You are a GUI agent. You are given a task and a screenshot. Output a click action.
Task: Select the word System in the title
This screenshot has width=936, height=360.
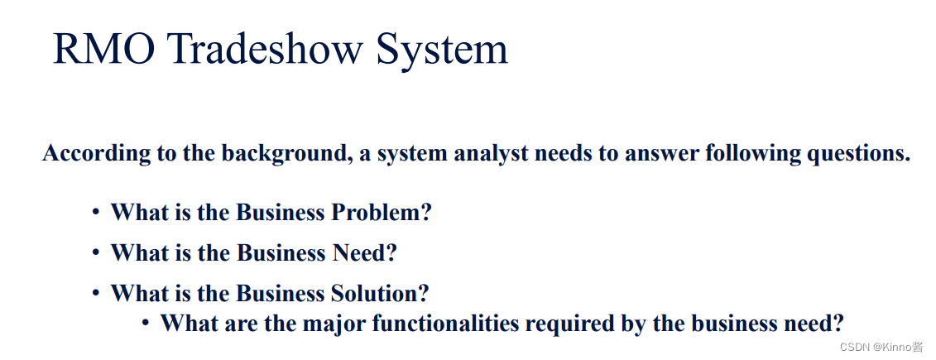pos(442,50)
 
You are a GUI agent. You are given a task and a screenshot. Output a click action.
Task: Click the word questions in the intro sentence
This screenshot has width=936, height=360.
pos(858,154)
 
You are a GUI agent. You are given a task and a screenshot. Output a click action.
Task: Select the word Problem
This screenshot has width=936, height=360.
pos(382,213)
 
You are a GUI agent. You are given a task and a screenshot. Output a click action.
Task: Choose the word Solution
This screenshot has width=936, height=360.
pos(381,293)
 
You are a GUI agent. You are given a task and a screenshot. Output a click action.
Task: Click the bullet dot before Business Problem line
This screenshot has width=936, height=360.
pos(96,214)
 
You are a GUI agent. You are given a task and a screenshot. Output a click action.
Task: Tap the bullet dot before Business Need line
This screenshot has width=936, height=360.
pos(96,253)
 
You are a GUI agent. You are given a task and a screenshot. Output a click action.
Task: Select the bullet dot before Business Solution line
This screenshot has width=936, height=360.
pos(96,294)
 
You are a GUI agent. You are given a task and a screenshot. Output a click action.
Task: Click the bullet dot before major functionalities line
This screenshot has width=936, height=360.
pos(146,323)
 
